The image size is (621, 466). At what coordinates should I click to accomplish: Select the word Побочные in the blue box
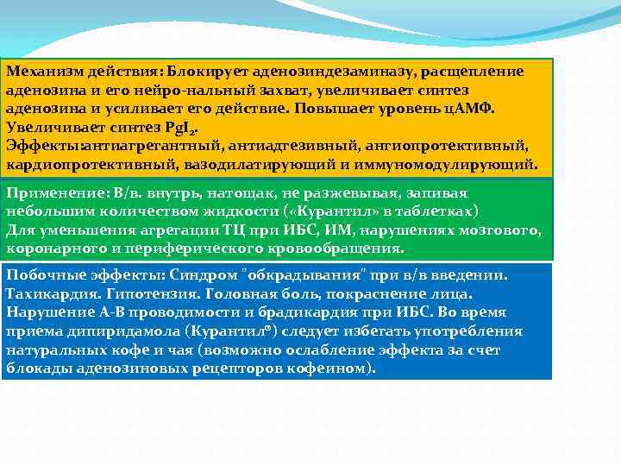pyautogui.click(x=40, y=275)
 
